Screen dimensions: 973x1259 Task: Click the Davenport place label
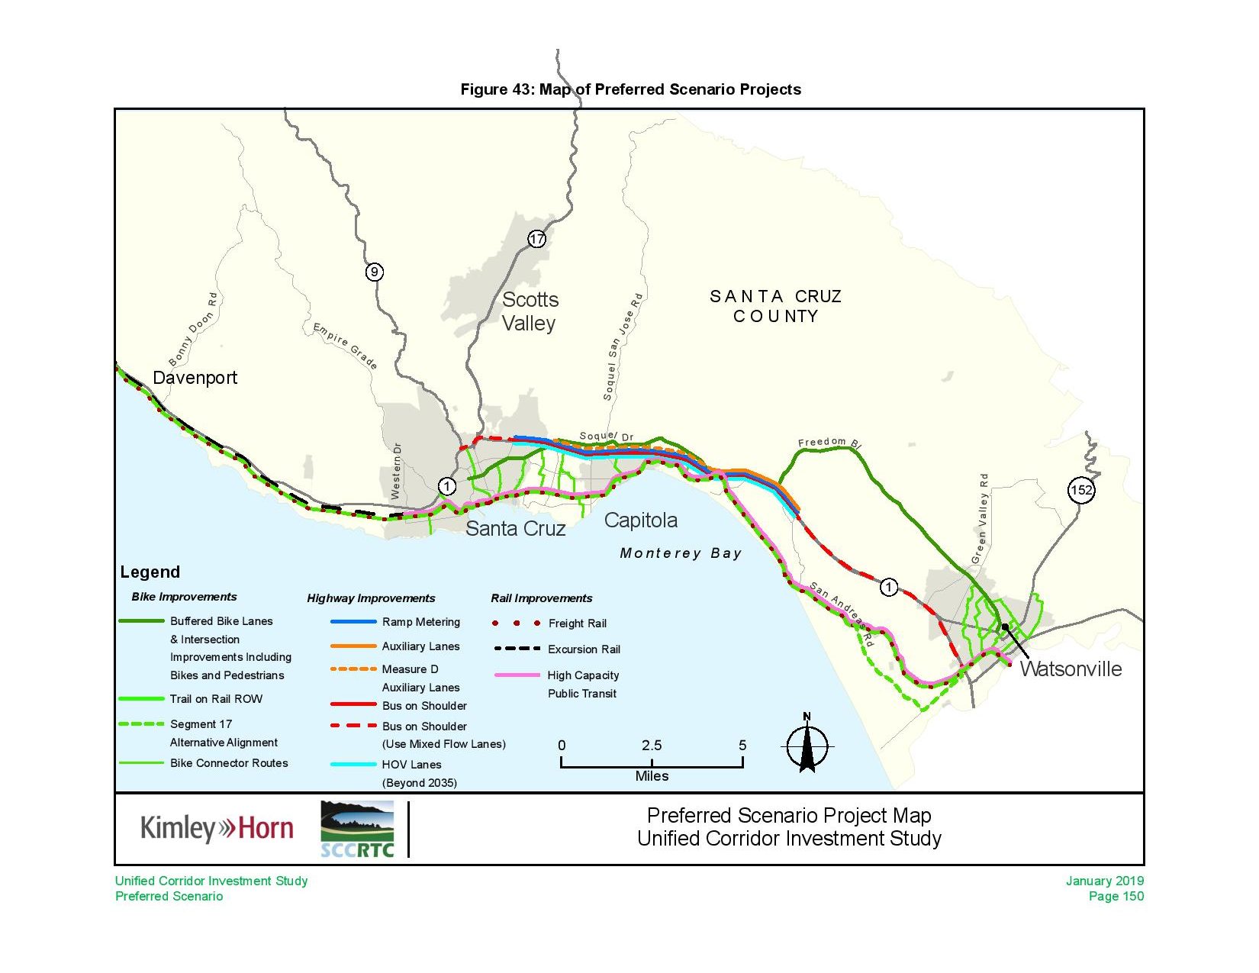195,378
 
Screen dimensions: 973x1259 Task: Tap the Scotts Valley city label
530,311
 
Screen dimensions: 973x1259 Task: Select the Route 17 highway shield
537,239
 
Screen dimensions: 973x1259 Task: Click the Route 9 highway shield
374,272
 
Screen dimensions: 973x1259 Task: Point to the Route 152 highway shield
1081,490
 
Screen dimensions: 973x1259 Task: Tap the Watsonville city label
1071,669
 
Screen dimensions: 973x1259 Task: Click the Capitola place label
640,520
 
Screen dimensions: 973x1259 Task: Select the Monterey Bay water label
681,553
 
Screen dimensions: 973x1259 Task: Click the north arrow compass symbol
807,746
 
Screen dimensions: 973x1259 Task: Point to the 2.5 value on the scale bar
651,746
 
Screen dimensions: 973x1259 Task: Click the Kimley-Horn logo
217,829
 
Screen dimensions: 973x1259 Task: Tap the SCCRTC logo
357,830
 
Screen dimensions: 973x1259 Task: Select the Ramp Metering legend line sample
353,622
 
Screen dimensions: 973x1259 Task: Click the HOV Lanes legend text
411,765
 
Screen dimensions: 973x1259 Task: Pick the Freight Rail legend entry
577,623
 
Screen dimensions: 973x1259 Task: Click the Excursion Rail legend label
584,649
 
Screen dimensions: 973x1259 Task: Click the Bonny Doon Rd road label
193,330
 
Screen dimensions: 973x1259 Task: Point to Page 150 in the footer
1116,896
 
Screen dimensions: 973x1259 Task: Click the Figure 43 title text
630,89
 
